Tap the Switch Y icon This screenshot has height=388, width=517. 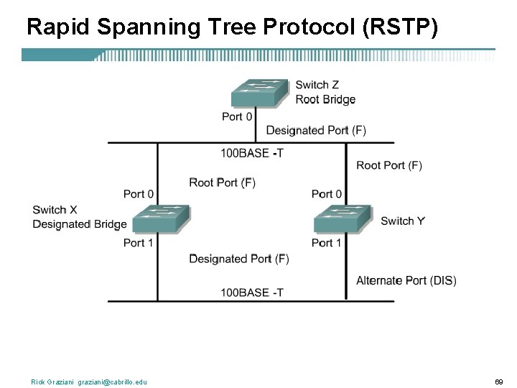pos(342,218)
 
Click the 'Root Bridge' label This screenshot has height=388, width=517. pos(325,100)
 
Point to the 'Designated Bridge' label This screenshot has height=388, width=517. pos(80,224)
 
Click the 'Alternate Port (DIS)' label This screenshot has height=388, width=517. pos(406,280)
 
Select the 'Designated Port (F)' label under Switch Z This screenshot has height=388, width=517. pos(316,130)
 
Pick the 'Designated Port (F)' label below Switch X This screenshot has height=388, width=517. pos(239,259)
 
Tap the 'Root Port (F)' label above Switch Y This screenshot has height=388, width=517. pos(389,165)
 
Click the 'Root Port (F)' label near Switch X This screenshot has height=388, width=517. pos(223,183)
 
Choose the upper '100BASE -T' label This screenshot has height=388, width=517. pos(251,153)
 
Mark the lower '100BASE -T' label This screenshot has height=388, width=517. pos(251,292)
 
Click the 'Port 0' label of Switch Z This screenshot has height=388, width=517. pos(237,116)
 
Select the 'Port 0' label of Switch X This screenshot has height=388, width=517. pos(139,194)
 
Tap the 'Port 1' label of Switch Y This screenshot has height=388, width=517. pos(327,243)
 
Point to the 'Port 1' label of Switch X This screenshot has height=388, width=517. pos(139,243)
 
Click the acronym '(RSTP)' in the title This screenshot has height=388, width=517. pos(400,27)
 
